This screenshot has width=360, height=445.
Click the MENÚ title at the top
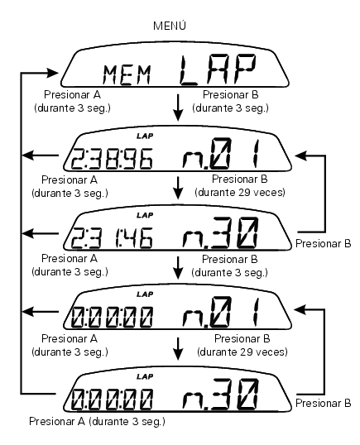[170, 26]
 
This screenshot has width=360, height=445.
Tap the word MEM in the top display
[127, 75]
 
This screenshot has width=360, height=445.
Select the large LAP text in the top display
[218, 70]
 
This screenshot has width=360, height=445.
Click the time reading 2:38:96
[112, 159]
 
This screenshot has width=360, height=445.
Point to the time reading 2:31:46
[112, 238]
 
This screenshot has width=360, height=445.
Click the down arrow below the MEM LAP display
[178, 108]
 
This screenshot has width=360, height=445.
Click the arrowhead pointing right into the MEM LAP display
[52, 73]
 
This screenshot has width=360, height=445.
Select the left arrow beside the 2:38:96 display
[40, 156]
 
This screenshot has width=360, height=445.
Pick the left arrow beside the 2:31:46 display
[40, 234]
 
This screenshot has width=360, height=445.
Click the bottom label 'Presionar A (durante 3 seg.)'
[97, 422]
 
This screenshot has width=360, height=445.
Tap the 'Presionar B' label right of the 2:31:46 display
[323, 243]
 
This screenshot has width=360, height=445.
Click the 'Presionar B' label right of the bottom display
[323, 403]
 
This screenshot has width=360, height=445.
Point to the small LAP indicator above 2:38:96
[145, 136]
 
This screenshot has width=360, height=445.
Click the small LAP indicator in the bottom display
[145, 376]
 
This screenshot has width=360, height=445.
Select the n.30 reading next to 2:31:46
[220, 232]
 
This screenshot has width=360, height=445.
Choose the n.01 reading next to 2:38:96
[220, 154]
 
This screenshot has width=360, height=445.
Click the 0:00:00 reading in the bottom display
[112, 400]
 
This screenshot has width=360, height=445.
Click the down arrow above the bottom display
[178, 349]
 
